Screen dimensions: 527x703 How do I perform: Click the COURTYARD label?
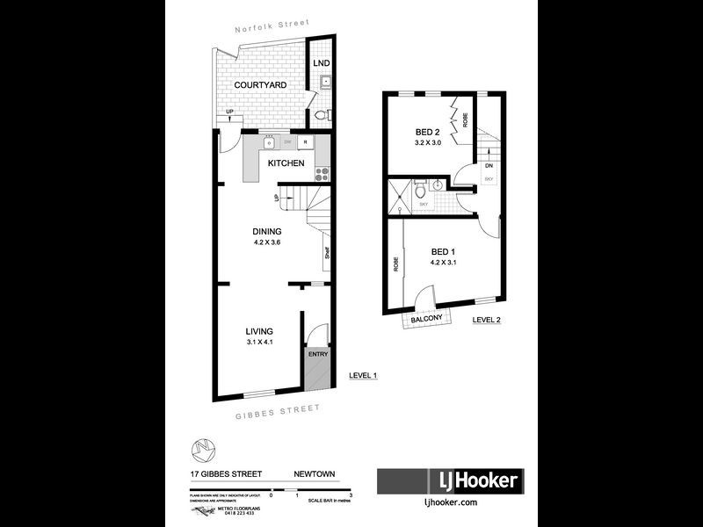[260, 85]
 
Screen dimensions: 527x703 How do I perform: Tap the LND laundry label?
[322, 63]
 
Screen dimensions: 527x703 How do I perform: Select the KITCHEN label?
[286, 163]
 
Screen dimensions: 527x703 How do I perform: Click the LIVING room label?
[260, 331]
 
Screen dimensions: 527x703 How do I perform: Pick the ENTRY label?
[317, 354]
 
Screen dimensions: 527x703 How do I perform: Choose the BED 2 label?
[430, 133]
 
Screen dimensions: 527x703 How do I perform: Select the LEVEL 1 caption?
[363, 376]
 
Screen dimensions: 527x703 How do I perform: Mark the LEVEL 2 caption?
[486, 320]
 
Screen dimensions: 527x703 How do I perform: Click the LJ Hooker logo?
[451, 480]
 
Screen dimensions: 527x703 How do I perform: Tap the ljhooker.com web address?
[451, 502]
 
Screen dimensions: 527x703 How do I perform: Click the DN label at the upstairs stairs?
[489, 166]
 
